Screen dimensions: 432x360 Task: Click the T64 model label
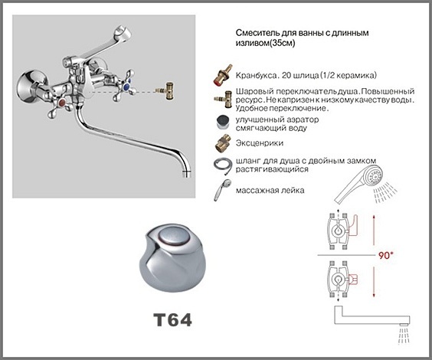[173, 319]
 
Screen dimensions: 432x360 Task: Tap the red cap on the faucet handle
[62, 103]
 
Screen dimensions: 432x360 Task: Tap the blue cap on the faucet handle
[126, 87]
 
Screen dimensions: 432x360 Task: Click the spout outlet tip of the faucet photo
[187, 174]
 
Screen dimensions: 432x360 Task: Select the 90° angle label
[385, 255]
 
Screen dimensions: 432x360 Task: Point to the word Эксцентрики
[259, 143]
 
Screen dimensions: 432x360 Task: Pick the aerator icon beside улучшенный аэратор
[223, 123]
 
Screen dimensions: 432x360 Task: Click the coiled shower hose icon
[223, 165]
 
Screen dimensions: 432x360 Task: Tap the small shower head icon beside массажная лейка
[222, 189]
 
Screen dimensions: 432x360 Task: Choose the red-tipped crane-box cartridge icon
[223, 74]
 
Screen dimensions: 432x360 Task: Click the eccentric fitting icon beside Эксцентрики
[223, 143]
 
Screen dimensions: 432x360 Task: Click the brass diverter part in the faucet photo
[166, 90]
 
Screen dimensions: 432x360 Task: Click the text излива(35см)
[265, 43]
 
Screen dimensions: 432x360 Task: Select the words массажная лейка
[270, 190]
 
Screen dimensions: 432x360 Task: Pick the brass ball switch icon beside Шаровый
[223, 99]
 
